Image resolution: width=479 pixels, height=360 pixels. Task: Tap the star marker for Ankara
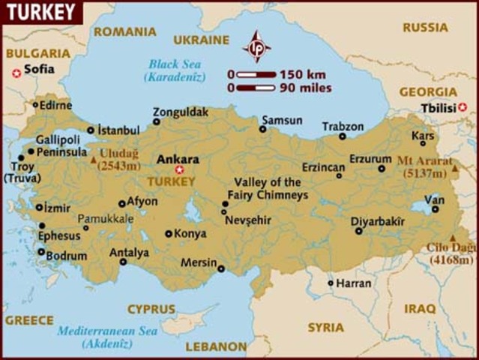click(178, 169)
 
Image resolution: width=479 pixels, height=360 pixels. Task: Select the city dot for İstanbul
click(91, 130)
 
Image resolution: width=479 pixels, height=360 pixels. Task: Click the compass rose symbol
click(256, 46)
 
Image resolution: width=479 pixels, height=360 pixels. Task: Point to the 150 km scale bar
click(256, 75)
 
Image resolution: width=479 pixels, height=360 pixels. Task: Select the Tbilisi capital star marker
click(463, 107)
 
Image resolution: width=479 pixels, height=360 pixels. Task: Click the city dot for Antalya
click(123, 262)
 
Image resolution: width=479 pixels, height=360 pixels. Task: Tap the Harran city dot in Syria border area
click(331, 283)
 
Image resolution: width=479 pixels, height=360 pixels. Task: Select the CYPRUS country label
click(151, 308)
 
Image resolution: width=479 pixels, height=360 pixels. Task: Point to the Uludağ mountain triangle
click(92, 160)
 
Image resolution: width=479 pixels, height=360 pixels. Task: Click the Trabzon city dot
click(343, 136)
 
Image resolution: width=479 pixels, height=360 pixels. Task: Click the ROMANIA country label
click(125, 31)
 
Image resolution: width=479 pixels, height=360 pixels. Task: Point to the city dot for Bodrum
click(40, 252)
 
